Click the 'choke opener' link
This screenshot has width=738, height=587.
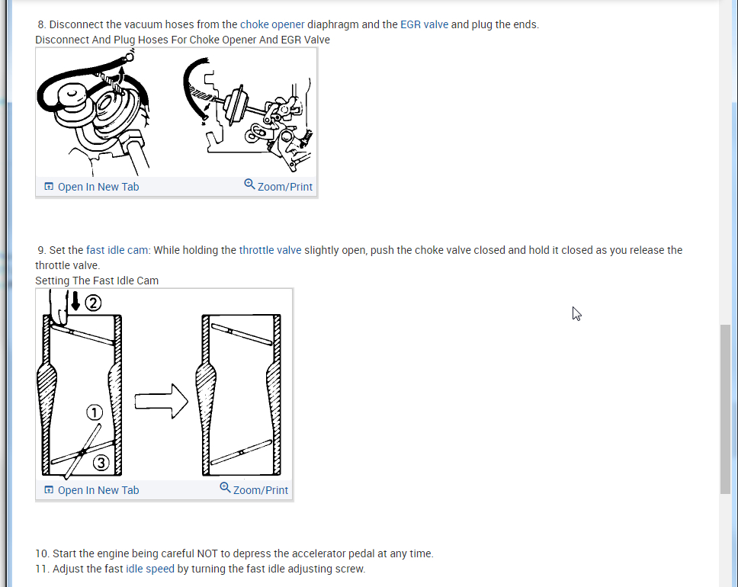pyautogui.click(x=272, y=24)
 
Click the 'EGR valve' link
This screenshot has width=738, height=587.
pyautogui.click(x=424, y=24)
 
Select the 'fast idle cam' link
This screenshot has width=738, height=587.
pyautogui.click(x=117, y=250)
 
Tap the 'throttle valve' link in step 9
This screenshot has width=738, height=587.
pyautogui.click(x=270, y=250)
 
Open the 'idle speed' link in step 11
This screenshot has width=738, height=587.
pyautogui.click(x=150, y=569)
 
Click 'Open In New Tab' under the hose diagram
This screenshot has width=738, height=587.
pyautogui.click(x=91, y=187)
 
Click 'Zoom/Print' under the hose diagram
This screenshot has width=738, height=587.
pyautogui.click(x=278, y=186)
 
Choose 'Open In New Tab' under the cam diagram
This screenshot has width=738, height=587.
pyautogui.click(x=91, y=490)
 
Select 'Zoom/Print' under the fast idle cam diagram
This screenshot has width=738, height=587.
pyautogui.click(x=254, y=489)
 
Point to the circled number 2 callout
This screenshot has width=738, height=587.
pyautogui.click(x=93, y=303)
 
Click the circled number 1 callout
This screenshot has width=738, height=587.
pyautogui.click(x=95, y=412)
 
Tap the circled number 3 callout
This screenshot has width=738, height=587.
pyautogui.click(x=101, y=463)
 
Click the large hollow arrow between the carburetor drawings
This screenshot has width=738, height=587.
pyautogui.click(x=162, y=402)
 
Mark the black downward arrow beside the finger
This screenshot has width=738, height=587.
pyautogui.click(x=75, y=301)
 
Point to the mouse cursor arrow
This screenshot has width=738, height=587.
pyautogui.click(x=576, y=313)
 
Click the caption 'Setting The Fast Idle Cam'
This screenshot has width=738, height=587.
pyautogui.click(x=97, y=281)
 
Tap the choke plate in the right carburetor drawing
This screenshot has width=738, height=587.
pyautogui.click(x=242, y=334)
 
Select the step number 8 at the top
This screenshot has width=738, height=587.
pyautogui.click(x=41, y=24)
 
